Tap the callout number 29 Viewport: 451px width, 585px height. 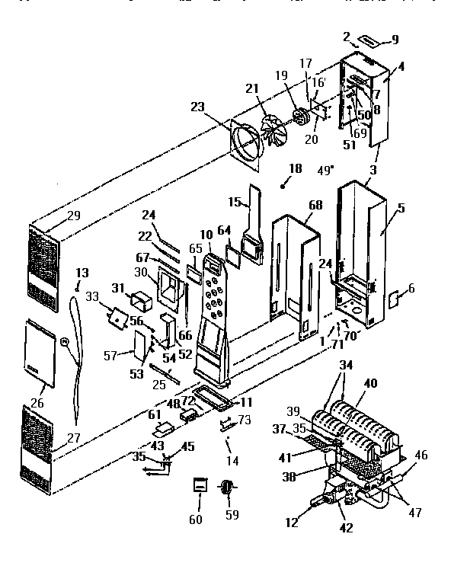[73, 216]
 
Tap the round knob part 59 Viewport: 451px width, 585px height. [226, 487]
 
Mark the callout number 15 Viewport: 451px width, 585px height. [236, 203]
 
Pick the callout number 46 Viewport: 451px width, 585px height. [421, 455]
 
